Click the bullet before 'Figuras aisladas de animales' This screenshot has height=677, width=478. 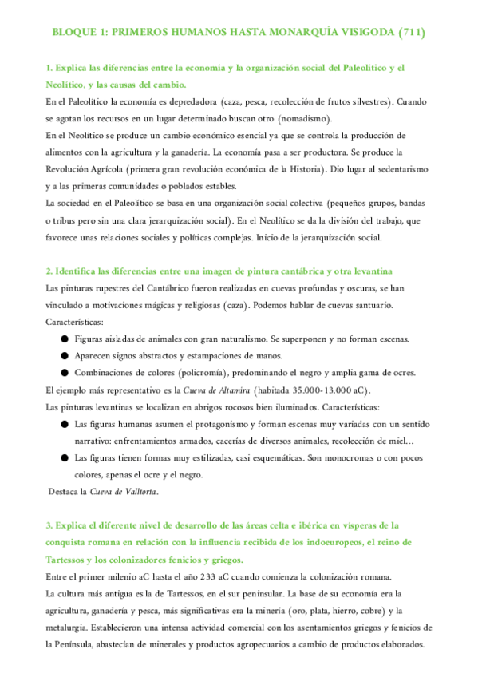(x=64, y=338)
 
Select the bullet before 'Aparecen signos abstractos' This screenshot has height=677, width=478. (x=64, y=355)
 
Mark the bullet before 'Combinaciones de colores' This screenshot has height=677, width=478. (x=64, y=372)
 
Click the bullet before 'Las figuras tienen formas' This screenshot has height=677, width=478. (x=64, y=457)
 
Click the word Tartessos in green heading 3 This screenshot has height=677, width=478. (x=70, y=560)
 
